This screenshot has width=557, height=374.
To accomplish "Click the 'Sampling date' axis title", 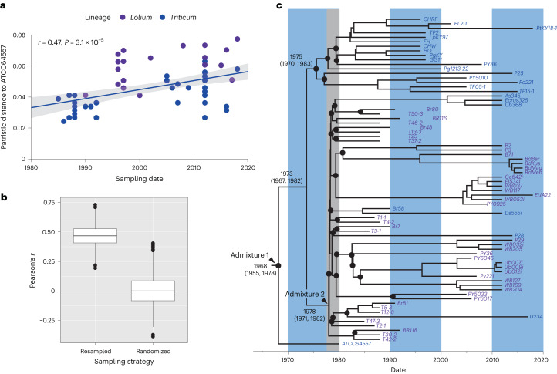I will click(x=139, y=180).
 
